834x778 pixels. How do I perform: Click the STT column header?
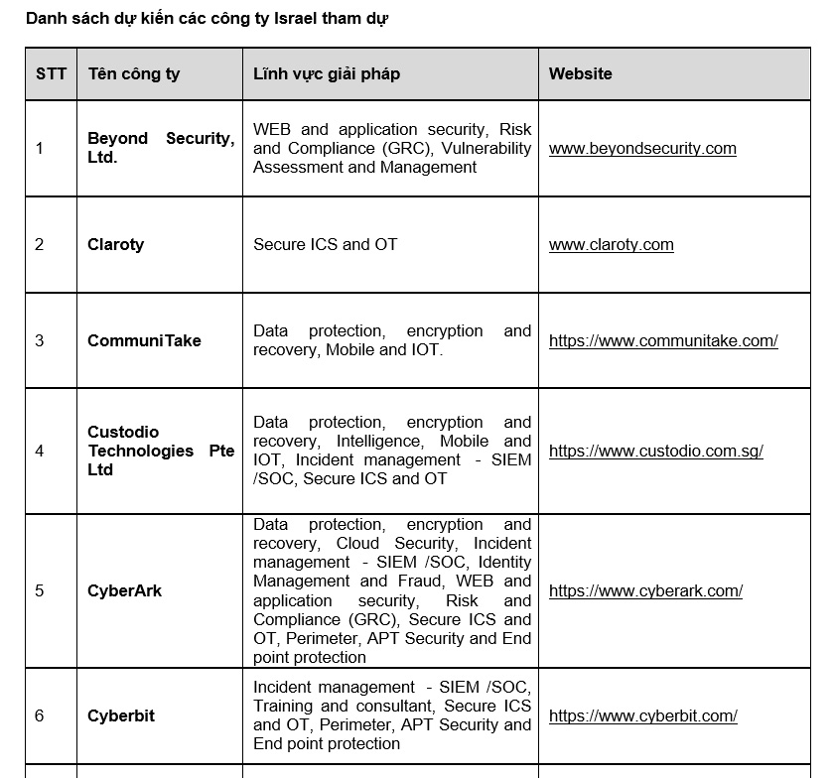point(51,74)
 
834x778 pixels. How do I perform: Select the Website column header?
point(580,74)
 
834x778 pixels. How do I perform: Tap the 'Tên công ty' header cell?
point(134,74)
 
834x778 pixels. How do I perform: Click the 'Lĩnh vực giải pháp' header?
point(327,74)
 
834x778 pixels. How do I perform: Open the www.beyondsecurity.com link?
point(642,149)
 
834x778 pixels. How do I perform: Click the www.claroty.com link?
point(611,245)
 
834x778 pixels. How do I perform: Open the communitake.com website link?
point(663,340)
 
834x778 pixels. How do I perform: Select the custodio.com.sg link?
point(655,451)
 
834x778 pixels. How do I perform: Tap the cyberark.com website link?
point(645,591)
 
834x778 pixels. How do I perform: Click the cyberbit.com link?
point(642,715)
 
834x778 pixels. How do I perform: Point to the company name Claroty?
point(115,245)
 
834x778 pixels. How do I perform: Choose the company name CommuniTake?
point(144,340)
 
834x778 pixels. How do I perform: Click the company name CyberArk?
point(124,591)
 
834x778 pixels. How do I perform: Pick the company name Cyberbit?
point(121,715)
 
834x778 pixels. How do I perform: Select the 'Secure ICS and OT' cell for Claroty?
point(325,245)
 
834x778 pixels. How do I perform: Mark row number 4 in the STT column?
point(40,451)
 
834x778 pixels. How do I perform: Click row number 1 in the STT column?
point(40,149)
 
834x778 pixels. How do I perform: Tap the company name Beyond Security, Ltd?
point(161,148)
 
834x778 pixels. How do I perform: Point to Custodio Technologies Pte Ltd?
point(161,451)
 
